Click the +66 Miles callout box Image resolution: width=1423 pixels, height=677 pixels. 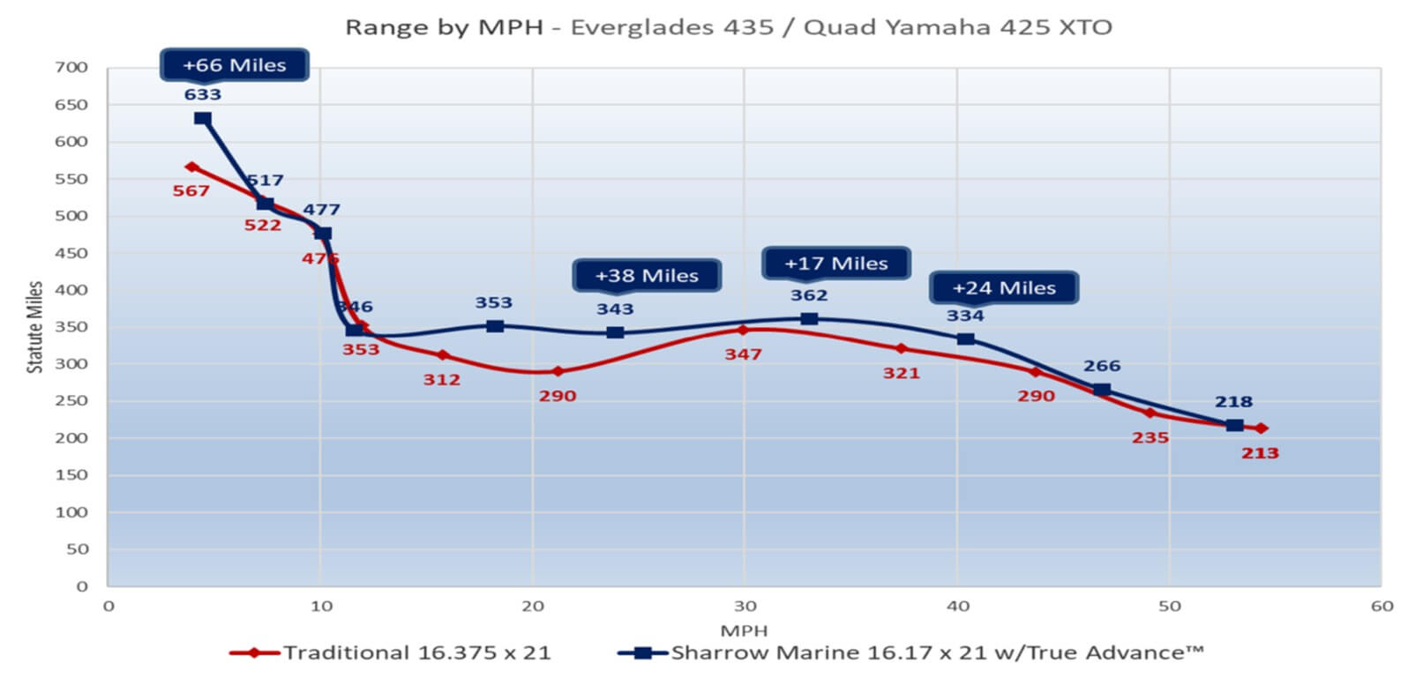(x=234, y=65)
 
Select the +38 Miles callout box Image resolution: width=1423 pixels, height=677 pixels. (x=647, y=276)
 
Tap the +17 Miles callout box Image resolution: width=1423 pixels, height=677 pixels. (x=835, y=264)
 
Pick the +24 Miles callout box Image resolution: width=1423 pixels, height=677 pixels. (x=1004, y=288)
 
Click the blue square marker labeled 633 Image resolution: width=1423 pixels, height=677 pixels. (x=203, y=118)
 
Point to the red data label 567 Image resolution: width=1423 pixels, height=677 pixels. (x=191, y=190)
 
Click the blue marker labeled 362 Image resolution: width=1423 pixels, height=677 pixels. (x=809, y=318)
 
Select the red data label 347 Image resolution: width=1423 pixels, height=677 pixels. (x=743, y=354)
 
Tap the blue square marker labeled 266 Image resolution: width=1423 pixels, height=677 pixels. (x=1102, y=390)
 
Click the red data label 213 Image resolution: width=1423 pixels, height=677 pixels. (x=1260, y=453)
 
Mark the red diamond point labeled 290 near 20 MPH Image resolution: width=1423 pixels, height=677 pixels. (x=558, y=371)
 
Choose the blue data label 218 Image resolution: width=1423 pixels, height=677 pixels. (x=1233, y=402)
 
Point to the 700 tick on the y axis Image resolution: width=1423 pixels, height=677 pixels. (x=71, y=67)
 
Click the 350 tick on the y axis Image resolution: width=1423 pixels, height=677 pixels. (x=71, y=326)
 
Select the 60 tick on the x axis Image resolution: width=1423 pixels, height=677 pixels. (x=1382, y=606)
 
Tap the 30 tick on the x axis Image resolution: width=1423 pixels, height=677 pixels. (x=745, y=606)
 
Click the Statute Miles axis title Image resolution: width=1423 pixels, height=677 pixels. (x=34, y=327)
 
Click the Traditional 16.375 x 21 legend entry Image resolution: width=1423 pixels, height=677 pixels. (x=416, y=653)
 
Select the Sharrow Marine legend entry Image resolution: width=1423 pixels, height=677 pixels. (x=937, y=653)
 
